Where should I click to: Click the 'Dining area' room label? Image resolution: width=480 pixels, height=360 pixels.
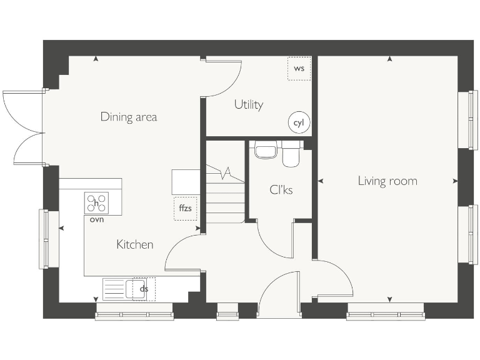(129, 117)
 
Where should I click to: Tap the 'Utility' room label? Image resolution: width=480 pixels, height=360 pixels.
(248, 104)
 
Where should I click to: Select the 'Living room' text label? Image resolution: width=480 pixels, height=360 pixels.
(387, 181)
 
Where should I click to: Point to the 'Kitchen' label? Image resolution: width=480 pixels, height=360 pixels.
(134, 244)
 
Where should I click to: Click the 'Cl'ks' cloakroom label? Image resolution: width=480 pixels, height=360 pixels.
(281, 189)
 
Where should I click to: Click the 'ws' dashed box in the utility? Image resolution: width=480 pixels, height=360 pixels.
(299, 68)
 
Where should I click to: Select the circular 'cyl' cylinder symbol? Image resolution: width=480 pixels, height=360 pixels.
(299, 123)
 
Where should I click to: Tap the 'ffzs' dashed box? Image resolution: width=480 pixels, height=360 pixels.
(185, 208)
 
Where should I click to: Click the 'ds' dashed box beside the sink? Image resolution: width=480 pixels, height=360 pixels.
(144, 289)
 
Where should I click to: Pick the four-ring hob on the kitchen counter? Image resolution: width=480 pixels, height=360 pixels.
(96, 203)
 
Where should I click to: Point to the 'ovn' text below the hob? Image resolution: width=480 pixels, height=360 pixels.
(96, 219)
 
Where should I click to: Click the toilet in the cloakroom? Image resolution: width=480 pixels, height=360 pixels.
(291, 154)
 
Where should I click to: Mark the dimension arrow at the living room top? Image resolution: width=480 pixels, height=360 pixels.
(389, 59)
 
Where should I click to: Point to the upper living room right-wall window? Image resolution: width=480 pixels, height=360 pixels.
(464, 120)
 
